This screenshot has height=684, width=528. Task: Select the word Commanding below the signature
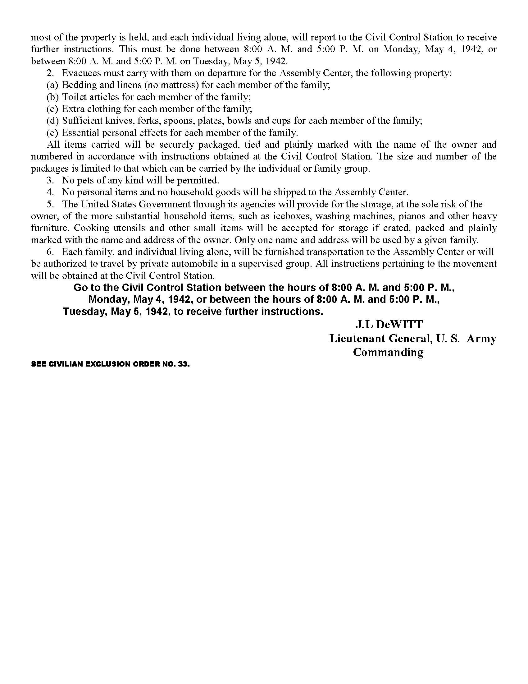(x=388, y=352)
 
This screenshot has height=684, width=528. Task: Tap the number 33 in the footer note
(x=184, y=364)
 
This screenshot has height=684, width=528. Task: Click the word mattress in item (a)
(x=179, y=85)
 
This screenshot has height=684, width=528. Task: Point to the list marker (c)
(x=52, y=109)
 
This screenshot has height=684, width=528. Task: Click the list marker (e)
(x=52, y=133)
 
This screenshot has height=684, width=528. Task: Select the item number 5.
(x=50, y=204)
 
